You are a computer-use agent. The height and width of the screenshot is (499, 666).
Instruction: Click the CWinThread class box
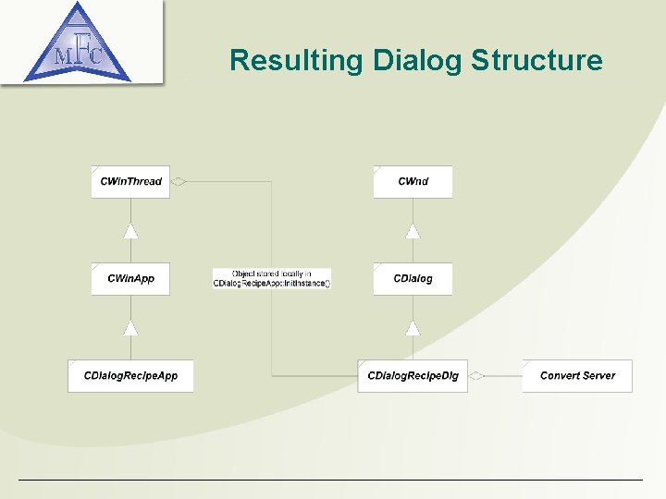130,182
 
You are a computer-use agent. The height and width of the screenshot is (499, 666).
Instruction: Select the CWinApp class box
130,279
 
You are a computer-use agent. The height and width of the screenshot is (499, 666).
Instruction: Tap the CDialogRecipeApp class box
130,376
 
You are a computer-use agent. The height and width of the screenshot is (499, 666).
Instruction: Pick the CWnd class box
413,182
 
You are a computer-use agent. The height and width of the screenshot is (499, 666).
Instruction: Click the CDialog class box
413,279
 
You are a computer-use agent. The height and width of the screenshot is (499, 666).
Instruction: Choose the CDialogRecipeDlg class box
413,376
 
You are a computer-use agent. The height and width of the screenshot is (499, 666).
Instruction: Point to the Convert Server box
577,376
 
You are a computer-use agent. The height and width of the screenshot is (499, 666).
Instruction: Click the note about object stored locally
271,278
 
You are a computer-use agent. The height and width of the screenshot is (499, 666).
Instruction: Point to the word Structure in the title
536,61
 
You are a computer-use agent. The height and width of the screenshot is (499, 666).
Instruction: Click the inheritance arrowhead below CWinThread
131,231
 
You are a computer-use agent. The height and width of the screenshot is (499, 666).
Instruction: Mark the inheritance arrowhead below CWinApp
131,328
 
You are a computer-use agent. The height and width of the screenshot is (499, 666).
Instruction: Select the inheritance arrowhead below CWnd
413,231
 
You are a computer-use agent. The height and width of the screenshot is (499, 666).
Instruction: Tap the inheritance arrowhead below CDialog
413,328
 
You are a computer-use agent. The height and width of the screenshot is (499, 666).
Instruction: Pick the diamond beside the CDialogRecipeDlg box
476,376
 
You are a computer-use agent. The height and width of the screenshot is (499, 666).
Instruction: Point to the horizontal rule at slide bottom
330,480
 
